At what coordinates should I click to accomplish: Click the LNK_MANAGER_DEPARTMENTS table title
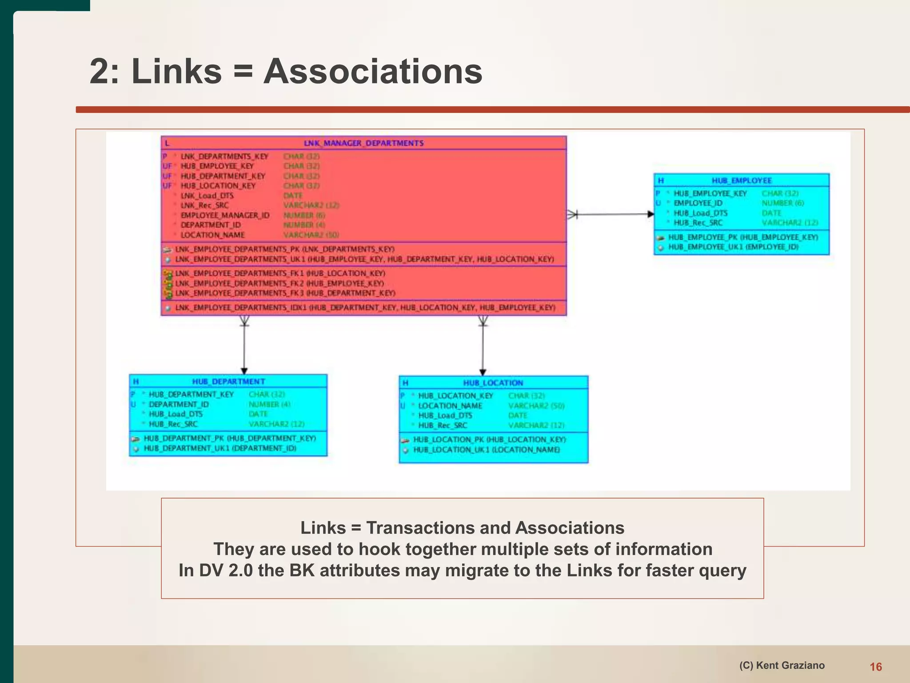tap(363, 143)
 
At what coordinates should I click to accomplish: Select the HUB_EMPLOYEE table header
tap(741, 181)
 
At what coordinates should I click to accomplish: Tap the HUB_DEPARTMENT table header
tap(228, 382)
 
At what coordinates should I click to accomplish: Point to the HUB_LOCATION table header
tap(493, 383)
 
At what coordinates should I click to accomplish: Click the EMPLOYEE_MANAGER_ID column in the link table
tap(225, 215)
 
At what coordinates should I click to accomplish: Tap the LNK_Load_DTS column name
tap(207, 196)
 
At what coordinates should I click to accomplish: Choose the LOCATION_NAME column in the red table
tap(212, 235)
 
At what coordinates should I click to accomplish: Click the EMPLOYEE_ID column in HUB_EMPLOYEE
tap(698, 203)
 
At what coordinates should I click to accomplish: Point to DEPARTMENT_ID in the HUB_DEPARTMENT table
tap(179, 404)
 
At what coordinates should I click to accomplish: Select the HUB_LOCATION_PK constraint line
tap(489, 440)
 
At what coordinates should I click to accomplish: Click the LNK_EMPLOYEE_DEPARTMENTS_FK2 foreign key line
tap(279, 283)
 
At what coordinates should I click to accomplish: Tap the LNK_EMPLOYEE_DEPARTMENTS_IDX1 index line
tap(365, 308)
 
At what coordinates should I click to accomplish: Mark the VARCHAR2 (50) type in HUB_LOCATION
tap(536, 406)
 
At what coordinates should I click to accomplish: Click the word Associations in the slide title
tap(372, 71)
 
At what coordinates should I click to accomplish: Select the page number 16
tap(875, 667)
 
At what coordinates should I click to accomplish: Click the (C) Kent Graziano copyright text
tap(782, 665)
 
